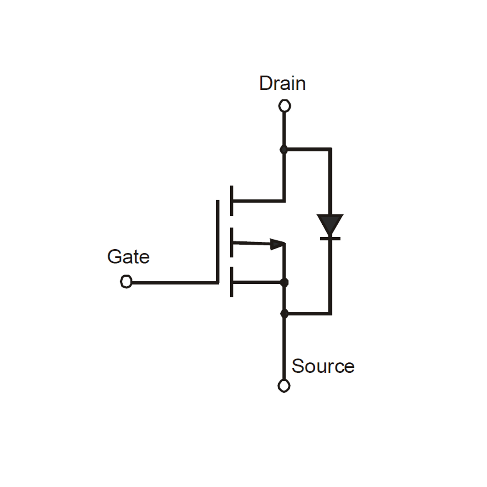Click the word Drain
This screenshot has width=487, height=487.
pos(282,83)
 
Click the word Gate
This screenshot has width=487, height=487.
pos(128,257)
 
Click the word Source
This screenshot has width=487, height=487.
pos(323,366)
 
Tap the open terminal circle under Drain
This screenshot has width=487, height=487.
pos(285,106)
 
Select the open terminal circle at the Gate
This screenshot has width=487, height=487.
pos(126,281)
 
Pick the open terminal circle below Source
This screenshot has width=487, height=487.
pos(284,386)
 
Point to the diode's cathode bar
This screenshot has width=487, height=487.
pos(330,239)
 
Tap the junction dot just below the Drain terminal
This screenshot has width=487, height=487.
pos(284,149)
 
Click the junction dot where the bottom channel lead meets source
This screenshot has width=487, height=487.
pos(284,282)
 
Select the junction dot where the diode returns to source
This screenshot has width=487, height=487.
pos(284,314)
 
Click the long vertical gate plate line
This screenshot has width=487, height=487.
pos(218,241)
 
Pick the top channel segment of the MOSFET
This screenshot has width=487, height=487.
pos(232,201)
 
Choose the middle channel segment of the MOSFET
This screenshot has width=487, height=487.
pos(232,242)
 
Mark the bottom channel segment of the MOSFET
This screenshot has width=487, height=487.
pos(232,282)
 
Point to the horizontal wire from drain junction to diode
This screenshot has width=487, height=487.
pos(308,149)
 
